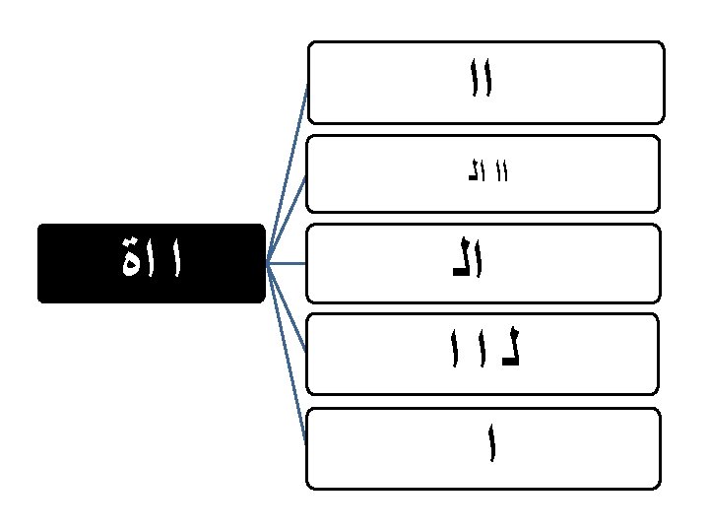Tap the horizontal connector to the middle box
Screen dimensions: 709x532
click(287, 263)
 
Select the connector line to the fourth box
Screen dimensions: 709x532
click(287, 306)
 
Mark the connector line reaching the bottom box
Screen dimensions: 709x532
click(287, 355)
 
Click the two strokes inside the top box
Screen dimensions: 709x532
click(481, 79)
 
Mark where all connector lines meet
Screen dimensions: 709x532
click(268, 263)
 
